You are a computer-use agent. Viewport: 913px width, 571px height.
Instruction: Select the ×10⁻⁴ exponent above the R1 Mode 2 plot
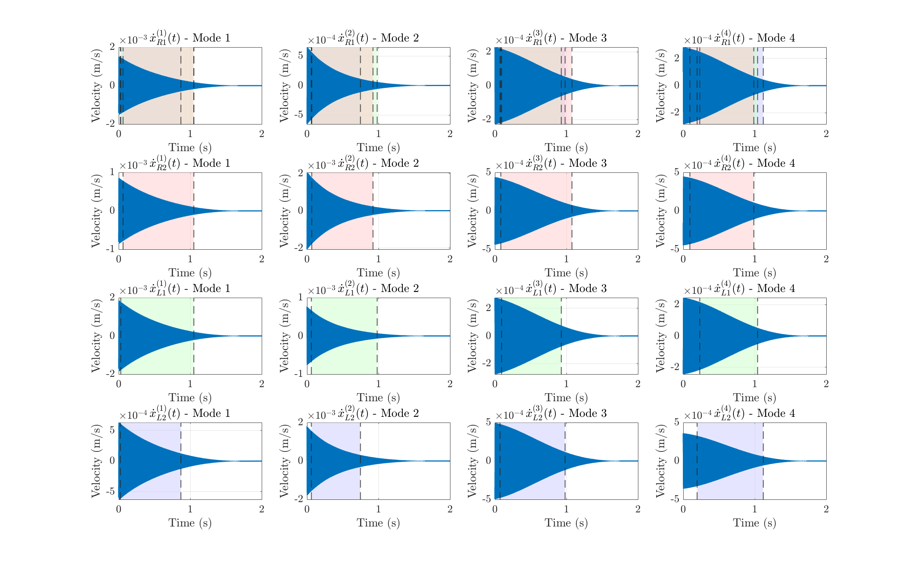click(321, 40)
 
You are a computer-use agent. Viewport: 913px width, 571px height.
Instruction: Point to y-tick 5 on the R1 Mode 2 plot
click(301, 56)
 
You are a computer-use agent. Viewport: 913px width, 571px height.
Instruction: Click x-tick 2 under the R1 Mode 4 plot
click(826, 134)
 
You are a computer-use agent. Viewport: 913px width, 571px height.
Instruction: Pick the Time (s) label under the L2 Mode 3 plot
click(566, 523)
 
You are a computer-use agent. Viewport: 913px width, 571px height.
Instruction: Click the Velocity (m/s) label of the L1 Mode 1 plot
click(96, 335)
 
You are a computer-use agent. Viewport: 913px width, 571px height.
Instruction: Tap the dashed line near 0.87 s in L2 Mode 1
click(181, 461)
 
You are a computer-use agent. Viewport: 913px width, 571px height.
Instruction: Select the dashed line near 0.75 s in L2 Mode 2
click(360, 461)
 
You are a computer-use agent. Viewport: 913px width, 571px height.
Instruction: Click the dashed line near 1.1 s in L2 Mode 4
click(763, 461)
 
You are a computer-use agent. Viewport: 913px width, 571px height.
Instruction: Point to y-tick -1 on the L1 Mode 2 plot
click(300, 374)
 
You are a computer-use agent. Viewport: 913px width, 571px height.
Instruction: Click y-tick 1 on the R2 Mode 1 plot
click(112, 172)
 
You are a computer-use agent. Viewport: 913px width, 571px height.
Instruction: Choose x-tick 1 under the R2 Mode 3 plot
click(566, 259)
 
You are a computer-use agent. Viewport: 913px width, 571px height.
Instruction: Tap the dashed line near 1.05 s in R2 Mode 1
click(194, 211)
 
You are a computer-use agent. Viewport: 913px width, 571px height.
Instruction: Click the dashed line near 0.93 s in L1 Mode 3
click(561, 336)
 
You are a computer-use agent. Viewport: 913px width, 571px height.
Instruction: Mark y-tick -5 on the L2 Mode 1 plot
click(110, 491)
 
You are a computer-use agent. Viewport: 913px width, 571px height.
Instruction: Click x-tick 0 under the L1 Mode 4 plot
click(683, 384)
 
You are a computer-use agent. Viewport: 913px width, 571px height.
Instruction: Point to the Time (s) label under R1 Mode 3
click(566, 147)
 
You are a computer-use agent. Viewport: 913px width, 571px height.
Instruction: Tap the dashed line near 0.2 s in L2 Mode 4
click(697, 461)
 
